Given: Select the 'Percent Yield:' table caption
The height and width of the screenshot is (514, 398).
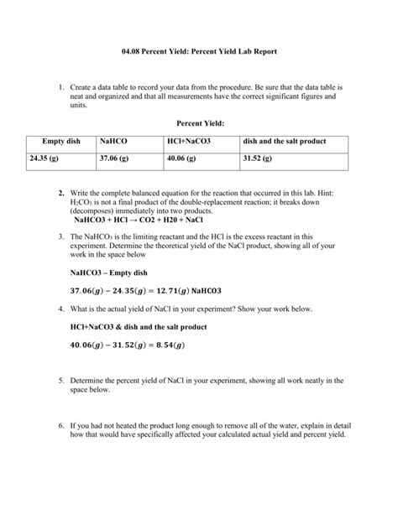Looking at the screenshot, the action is [199, 123].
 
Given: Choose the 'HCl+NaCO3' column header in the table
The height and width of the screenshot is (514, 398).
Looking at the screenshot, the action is [191, 142].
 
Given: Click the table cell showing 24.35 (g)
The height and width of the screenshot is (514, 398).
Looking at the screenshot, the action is [44, 157].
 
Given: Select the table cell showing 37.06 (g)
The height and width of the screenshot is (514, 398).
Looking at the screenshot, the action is [113, 157].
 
